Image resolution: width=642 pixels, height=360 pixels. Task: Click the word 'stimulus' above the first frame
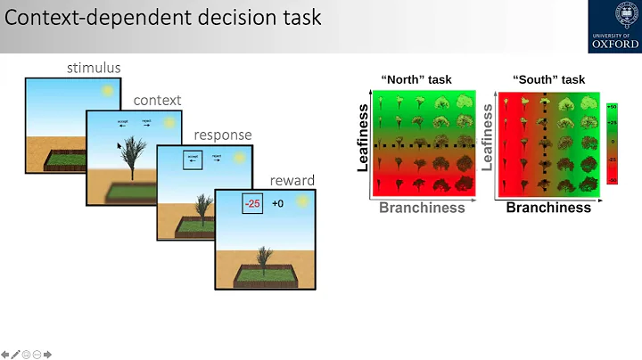[x=94, y=68]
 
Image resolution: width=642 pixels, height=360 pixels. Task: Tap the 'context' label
[x=157, y=100]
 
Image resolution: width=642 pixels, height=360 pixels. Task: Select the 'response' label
[x=223, y=135]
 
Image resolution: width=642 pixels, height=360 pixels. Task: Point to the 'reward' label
[x=292, y=180]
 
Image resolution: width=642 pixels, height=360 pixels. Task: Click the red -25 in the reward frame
[x=254, y=204]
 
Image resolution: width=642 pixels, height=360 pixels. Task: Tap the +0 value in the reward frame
[x=278, y=204]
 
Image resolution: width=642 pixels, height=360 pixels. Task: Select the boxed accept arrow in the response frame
[x=193, y=160]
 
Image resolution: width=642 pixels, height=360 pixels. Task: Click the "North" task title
[x=416, y=79]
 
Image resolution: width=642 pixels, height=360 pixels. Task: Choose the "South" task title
[x=548, y=79]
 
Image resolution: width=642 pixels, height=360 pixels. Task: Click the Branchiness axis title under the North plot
[x=422, y=208]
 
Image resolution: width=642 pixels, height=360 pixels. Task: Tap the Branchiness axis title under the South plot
[x=548, y=208]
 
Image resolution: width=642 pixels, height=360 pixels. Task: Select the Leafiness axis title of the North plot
[x=363, y=136]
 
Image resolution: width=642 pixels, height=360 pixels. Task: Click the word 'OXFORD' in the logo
[x=614, y=44]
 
